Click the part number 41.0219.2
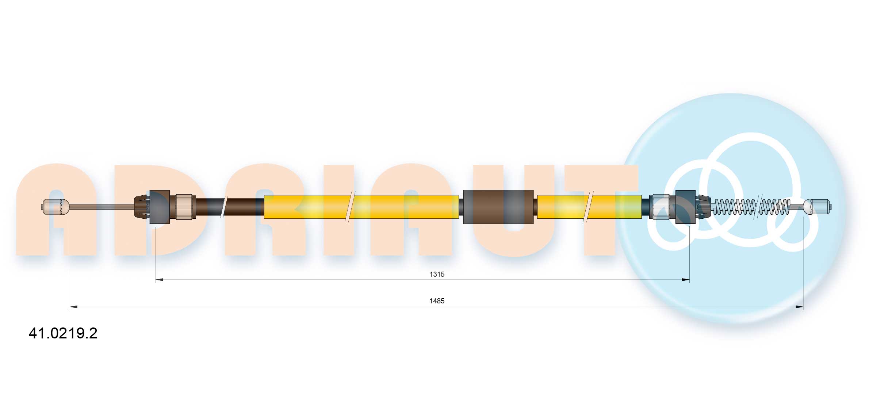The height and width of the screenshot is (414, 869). click(63, 333)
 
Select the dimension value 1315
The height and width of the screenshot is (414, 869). click(437, 274)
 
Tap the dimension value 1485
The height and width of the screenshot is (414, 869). click(437, 301)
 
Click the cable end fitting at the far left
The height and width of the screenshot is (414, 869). click(55, 207)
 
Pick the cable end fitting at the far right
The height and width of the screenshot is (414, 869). click(818, 207)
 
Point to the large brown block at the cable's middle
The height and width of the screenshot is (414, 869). click(498, 207)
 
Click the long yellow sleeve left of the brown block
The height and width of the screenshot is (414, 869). click(361, 207)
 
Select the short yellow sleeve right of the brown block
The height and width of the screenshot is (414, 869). click(589, 207)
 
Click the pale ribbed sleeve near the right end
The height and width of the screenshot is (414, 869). click(661, 207)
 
